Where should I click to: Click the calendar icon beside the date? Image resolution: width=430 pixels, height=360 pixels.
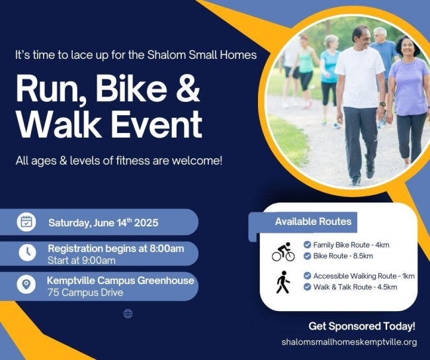(x=26, y=222)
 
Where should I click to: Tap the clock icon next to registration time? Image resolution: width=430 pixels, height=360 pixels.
(x=26, y=253)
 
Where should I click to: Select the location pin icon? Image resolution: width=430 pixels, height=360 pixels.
(x=26, y=285)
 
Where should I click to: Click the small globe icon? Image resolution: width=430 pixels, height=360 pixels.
(x=128, y=314)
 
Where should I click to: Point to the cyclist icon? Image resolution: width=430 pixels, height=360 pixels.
(x=283, y=251)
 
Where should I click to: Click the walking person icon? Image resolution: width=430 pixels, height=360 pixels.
(x=283, y=282)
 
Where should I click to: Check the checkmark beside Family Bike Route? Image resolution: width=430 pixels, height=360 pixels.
(x=307, y=245)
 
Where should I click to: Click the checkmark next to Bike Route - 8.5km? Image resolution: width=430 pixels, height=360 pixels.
(x=307, y=256)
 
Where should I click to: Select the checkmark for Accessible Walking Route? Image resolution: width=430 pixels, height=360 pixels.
(x=307, y=276)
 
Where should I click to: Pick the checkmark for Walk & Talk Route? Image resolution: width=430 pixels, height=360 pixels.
(x=307, y=287)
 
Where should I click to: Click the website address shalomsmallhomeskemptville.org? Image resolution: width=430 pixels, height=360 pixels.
(x=349, y=342)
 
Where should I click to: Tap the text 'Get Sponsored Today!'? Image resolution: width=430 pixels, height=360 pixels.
(x=361, y=326)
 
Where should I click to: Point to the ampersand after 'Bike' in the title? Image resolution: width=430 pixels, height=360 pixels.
(x=188, y=89)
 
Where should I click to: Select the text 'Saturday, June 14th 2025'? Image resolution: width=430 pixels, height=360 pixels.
(x=103, y=222)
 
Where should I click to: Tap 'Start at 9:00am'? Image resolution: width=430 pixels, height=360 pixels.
(x=81, y=260)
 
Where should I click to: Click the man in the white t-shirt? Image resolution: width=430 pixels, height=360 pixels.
(x=359, y=93)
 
